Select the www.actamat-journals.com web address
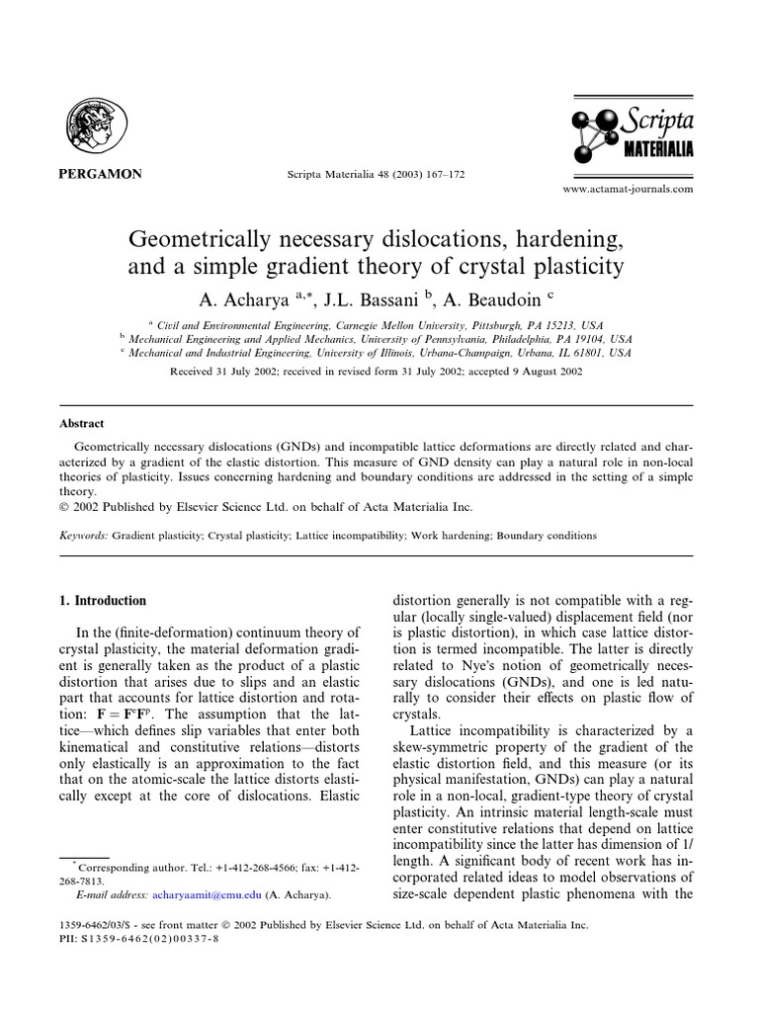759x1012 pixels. pyautogui.click(x=628, y=188)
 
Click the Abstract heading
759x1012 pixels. pyautogui.click(x=82, y=423)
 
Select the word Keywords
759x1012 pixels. pyautogui.click(x=82, y=536)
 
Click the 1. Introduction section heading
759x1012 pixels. pyautogui.click(x=103, y=600)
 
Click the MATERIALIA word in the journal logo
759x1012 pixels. pyautogui.click(x=656, y=149)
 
